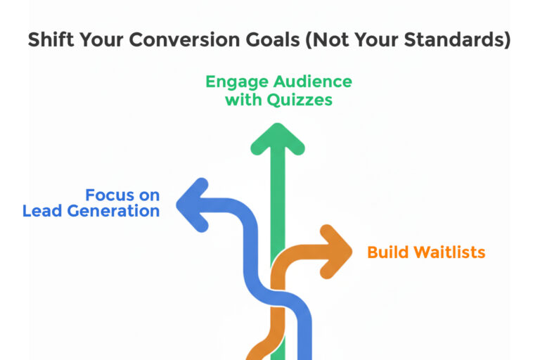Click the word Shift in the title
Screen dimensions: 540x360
pyautogui.click(x=51, y=39)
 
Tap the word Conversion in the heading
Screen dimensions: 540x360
pyautogui.click(x=185, y=39)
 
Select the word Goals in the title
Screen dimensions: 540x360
pyautogui.click(x=273, y=39)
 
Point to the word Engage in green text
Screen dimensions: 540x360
pyautogui.click(x=237, y=83)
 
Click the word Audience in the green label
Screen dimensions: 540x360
pyautogui.click(x=313, y=82)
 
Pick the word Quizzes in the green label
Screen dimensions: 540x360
pyautogui.click(x=300, y=101)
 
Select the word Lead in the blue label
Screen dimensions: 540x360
pyautogui.click(x=42, y=210)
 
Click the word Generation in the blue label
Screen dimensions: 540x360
pyautogui.click(x=113, y=210)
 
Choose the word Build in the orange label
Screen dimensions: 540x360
pyautogui.click(x=388, y=252)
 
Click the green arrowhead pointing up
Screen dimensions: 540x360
pyautogui.click(x=278, y=139)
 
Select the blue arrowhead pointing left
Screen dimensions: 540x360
pyautogui.click(x=193, y=205)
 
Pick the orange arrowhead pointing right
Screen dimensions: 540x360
pyautogui.click(x=336, y=252)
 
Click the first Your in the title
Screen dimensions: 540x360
pyautogui.click(x=101, y=39)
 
